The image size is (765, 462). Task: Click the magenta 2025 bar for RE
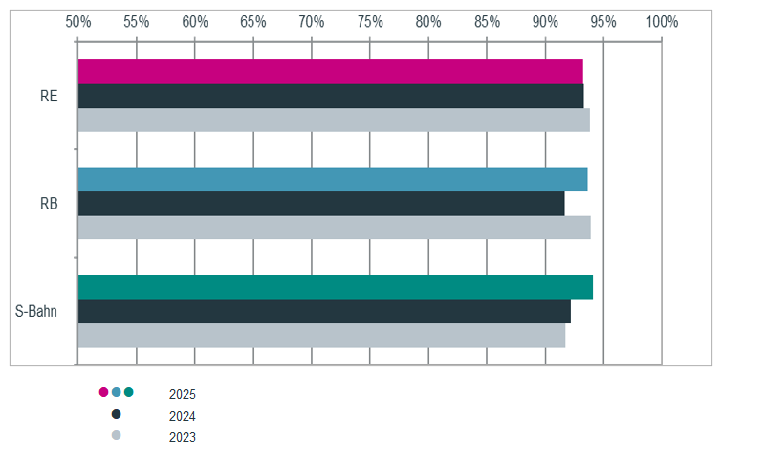click(330, 72)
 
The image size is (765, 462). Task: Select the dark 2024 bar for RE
click(331, 96)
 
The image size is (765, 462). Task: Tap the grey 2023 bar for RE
click(334, 120)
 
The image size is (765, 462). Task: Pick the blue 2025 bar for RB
click(333, 180)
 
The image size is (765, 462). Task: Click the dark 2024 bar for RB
click(321, 204)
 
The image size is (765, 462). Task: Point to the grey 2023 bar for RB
click(334, 228)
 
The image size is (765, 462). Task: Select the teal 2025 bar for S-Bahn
click(336, 288)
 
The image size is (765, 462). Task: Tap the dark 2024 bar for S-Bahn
click(324, 312)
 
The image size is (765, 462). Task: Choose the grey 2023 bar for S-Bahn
click(321, 336)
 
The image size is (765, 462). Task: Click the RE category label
click(49, 96)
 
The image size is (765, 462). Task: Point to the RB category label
click(49, 204)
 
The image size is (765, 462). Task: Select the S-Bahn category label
click(36, 311)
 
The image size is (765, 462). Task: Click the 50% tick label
click(78, 22)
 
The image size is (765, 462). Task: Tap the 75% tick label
click(370, 22)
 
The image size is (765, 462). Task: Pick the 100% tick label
click(662, 22)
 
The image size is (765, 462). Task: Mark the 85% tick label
click(487, 22)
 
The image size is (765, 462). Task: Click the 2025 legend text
click(183, 394)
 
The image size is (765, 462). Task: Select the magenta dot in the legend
click(103, 392)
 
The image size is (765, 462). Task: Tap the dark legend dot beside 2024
click(116, 414)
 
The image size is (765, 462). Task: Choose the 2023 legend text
click(183, 437)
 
